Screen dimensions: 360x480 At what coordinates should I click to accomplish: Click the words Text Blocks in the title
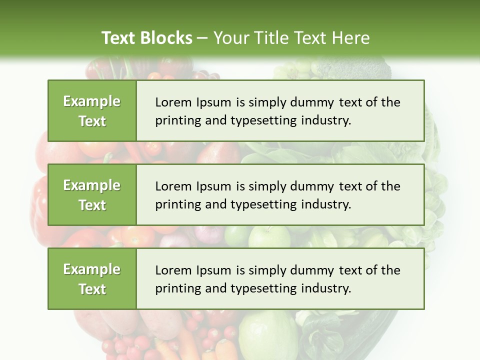[147, 38]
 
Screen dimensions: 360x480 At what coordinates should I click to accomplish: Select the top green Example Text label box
[92, 111]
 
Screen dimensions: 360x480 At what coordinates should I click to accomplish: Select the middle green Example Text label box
[92, 195]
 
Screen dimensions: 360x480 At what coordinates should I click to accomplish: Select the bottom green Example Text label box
[92, 279]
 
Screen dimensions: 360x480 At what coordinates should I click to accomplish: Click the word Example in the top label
[92, 101]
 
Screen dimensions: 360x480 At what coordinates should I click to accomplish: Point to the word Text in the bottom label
[92, 289]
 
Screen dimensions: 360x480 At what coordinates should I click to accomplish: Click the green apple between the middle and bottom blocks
[262, 236]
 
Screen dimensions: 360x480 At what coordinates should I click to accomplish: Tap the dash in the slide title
[203, 38]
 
